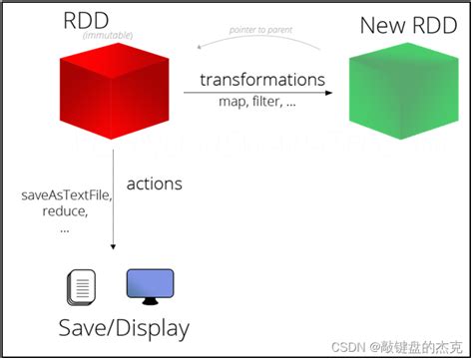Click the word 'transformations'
(x=262, y=79)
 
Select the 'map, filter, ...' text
(x=256, y=101)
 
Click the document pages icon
(x=82, y=287)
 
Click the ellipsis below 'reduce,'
(x=65, y=227)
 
